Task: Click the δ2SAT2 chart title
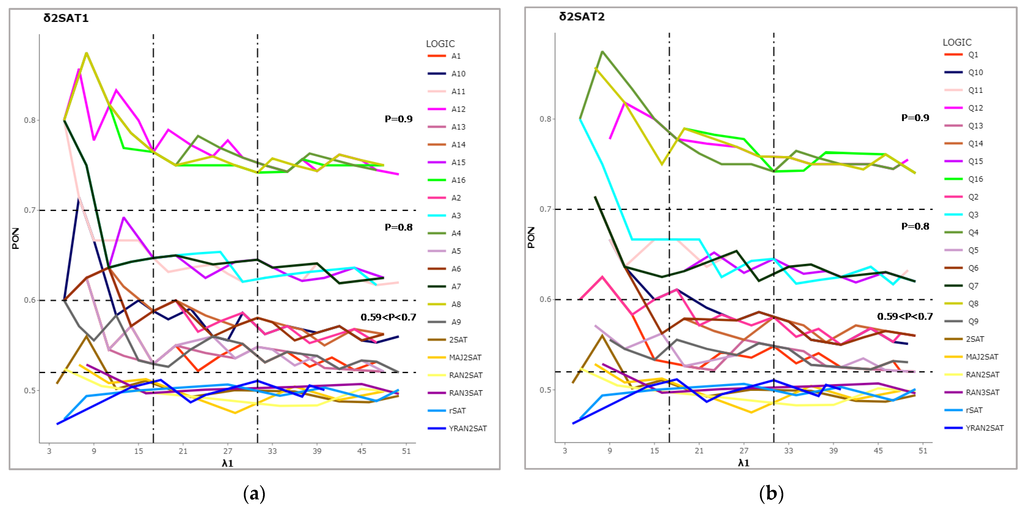(582, 17)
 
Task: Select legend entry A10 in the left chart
(447, 74)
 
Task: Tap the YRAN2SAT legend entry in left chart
(457, 428)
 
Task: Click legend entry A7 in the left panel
(444, 287)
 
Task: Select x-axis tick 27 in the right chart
(744, 451)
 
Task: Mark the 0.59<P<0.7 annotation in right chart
(905, 316)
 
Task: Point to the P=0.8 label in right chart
(915, 226)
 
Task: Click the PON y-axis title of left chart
(15, 238)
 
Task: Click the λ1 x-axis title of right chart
(744, 463)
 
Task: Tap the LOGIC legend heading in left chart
(440, 44)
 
